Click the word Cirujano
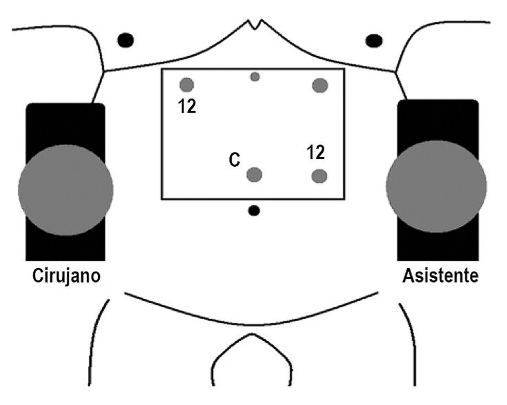pyautogui.click(x=66, y=276)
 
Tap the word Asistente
pyautogui.click(x=440, y=276)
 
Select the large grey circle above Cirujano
pyautogui.click(x=66, y=190)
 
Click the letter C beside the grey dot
pyautogui.click(x=234, y=160)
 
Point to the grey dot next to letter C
pyautogui.click(x=254, y=175)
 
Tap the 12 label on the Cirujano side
pyautogui.click(x=187, y=107)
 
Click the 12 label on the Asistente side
pyautogui.click(x=316, y=153)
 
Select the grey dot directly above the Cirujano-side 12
pyautogui.click(x=186, y=85)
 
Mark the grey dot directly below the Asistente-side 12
pyautogui.click(x=319, y=176)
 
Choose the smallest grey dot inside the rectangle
pyautogui.click(x=255, y=77)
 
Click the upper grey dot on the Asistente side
pyautogui.click(x=320, y=85)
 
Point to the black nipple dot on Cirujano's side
pyautogui.click(x=125, y=40)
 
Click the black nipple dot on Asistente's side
pyautogui.click(x=373, y=40)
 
